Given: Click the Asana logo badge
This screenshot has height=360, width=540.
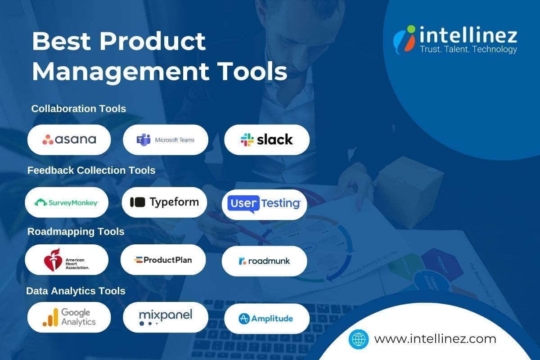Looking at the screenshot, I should pyautogui.click(x=69, y=139).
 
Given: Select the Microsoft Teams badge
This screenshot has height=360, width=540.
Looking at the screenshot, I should pyautogui.click(x=166, y=139).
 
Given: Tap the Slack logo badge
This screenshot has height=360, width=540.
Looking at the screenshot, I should pyautogui.click(x=267, y=139).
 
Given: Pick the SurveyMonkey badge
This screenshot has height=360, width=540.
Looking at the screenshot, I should pyautogui.click(x=67, y=202).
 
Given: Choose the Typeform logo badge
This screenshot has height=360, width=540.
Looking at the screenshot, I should pyautogui.click(x=164, y=202).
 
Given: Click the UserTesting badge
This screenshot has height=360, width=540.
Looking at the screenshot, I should pyautogui.click(x=265, y=203).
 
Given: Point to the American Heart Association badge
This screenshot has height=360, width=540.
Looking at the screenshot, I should pyautogui.click(x=67, y=260).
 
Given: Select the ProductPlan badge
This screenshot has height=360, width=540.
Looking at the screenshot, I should pyautogui.click(x=163, y=260).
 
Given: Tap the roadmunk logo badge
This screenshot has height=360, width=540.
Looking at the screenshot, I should pyautogui.click(x=265, y=261).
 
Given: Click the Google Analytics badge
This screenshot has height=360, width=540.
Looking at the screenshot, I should pyautogui.click(x=69, y=317).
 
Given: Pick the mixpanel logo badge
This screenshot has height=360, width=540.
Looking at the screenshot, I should pyautogui.click(x=166, y=317).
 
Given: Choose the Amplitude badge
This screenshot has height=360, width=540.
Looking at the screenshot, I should pyautogui.click(x=267, y=319).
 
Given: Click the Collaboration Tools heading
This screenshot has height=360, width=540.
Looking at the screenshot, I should pyautogui.click(x=79, y=109).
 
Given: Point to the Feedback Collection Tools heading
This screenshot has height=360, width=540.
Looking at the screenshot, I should pyautogui.click(x=91, y=171).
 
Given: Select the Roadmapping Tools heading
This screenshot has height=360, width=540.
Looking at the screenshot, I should pyautogui.click(x=76, y=232).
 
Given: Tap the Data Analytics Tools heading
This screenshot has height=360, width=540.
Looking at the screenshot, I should pyautogui.click(x=76, y=291).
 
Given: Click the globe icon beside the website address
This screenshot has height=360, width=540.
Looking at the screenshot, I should pyautogui.click(x=359, y=339).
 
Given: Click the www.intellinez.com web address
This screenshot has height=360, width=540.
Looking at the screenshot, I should pyautogui.click(x=435, y=339).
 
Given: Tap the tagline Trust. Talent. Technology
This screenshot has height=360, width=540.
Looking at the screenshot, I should pyautogui.click(x=468, y=49).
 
